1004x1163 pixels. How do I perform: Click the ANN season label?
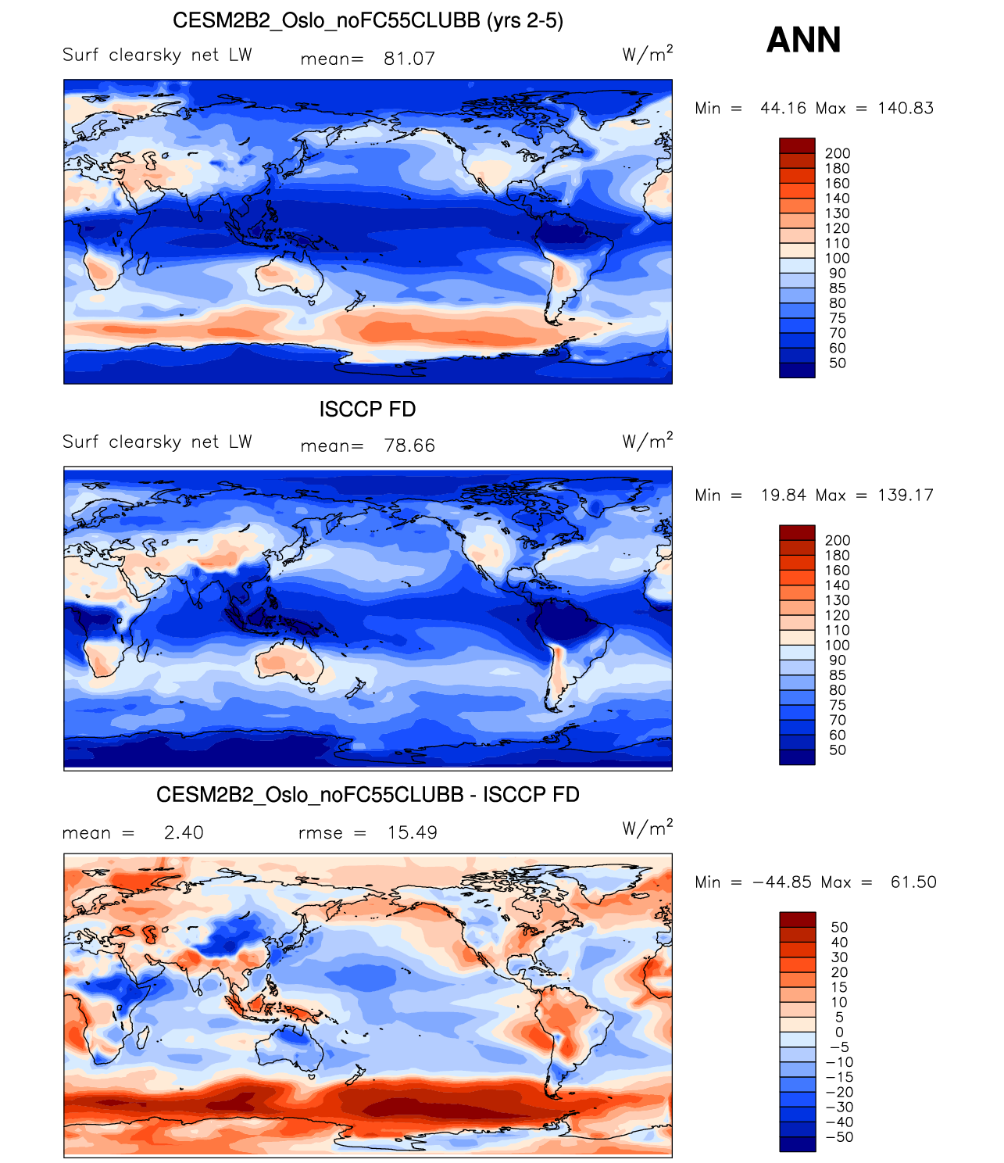click(x=803, y=40)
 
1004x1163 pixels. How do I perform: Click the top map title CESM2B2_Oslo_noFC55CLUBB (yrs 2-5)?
click(x=367, y=20)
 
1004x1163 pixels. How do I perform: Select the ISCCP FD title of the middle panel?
click(x=367, y=409)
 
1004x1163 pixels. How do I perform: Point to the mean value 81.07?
click(x=409, y=59)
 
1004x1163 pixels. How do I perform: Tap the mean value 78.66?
click(x=409, y=446)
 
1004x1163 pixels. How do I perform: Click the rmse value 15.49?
click(x=413, y=832)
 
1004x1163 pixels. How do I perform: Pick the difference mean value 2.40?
click(x=184, y=832)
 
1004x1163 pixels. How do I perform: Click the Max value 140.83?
click(x=906, y=108)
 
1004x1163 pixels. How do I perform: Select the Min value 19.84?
click(x=784, y=495)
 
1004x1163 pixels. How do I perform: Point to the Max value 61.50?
click(x=913, y=882)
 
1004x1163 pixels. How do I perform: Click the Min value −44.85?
click(x=781, y=882)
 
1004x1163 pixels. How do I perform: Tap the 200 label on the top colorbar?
click(x=838, y=153)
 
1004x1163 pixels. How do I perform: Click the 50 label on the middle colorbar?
click(x=838, y=750)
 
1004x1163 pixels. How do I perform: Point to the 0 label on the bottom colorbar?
click(x=839, y=1032)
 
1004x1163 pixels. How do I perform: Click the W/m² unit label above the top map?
click(x=647, y=54)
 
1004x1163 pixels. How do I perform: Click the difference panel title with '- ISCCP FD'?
click(x=367, y=795)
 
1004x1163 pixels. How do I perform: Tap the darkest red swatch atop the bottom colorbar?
click(x=797, y=920)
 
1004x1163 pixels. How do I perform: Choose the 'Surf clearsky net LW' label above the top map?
click(x=157, y=55)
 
